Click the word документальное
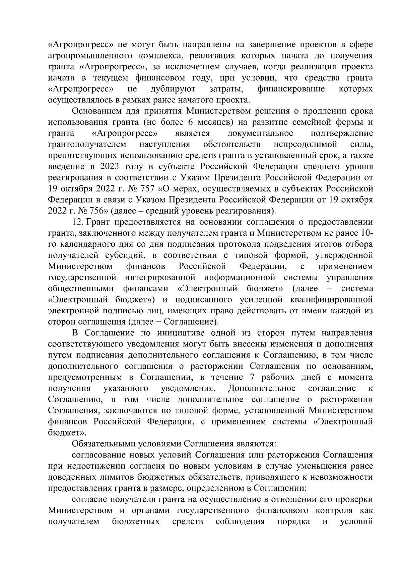point(260,134)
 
